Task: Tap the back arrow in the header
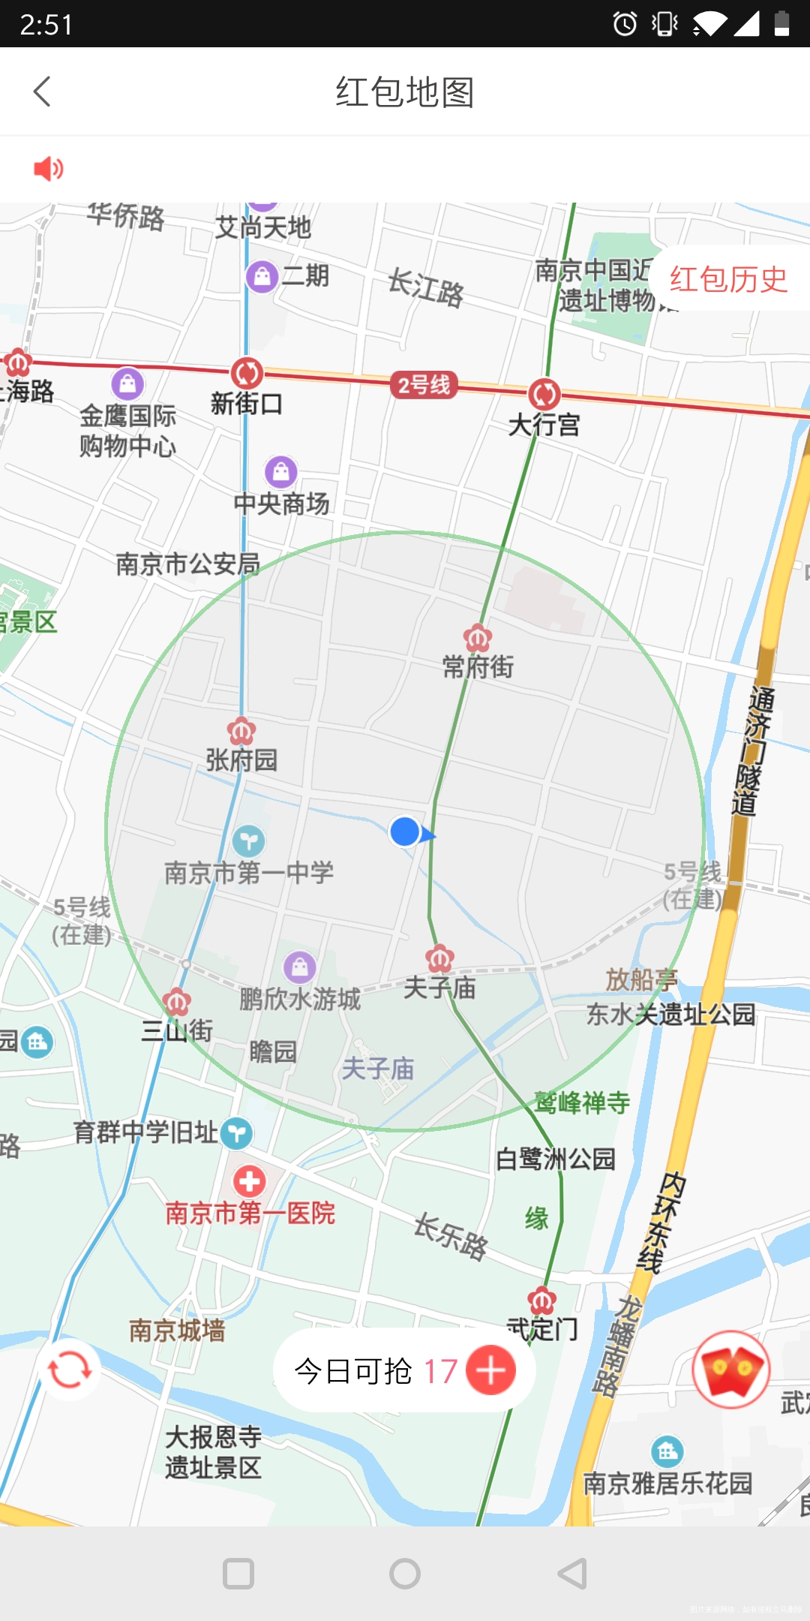[x=43, y=92]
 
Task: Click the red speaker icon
[x=49, y=169]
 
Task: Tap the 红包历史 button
[x=727, y=279]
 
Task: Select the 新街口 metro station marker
[x=247, y=372]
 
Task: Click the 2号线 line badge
[x=424, y=385]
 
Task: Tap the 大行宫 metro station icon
[x=544, y=393]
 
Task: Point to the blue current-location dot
[x=405, y=832]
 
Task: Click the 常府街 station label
[x=478, y=666]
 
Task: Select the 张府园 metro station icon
[x=241, y=730]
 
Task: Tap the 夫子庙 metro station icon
[x=439, y=958]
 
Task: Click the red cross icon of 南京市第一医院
[x=249, y=1181]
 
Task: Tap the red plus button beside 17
[x=491, y=1370]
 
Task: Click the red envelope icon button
[x=731, y=1370]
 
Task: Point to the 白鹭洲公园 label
[x=555, y=1159]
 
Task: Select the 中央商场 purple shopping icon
[x=281, y=472]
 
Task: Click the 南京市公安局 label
[x=187, y=564]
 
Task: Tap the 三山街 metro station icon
[x=177, y=1001]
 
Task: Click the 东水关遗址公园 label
[x=670, y=1015]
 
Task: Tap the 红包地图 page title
[x=405, y=92]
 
